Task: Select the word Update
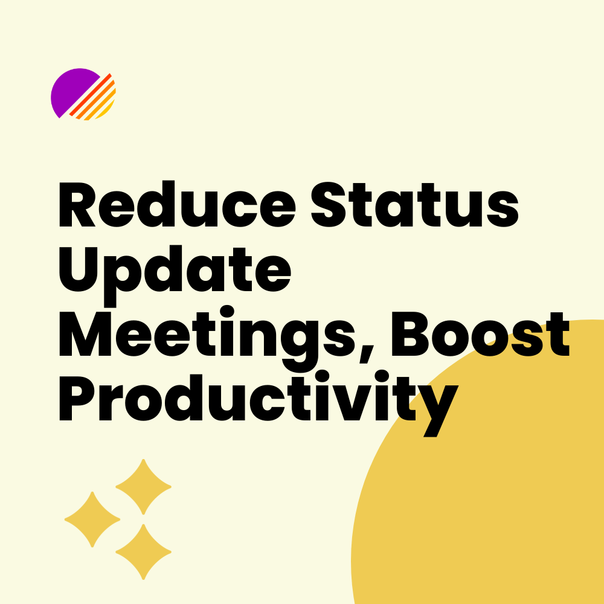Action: click(x=175, y=275)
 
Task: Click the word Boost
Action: click(x=480, y=334)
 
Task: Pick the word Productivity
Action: click(x=259, y=404)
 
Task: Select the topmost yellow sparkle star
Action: click(x=143, y=486)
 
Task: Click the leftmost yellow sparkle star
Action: click(x=92, y=519)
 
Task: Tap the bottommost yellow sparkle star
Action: click(x=143, y=551)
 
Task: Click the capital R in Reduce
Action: click(x=77, y=205)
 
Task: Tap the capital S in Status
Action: click(x=328, y=205)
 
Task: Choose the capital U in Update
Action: click(x=79, y=269)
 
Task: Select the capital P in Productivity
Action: click(x=76, y=398)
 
